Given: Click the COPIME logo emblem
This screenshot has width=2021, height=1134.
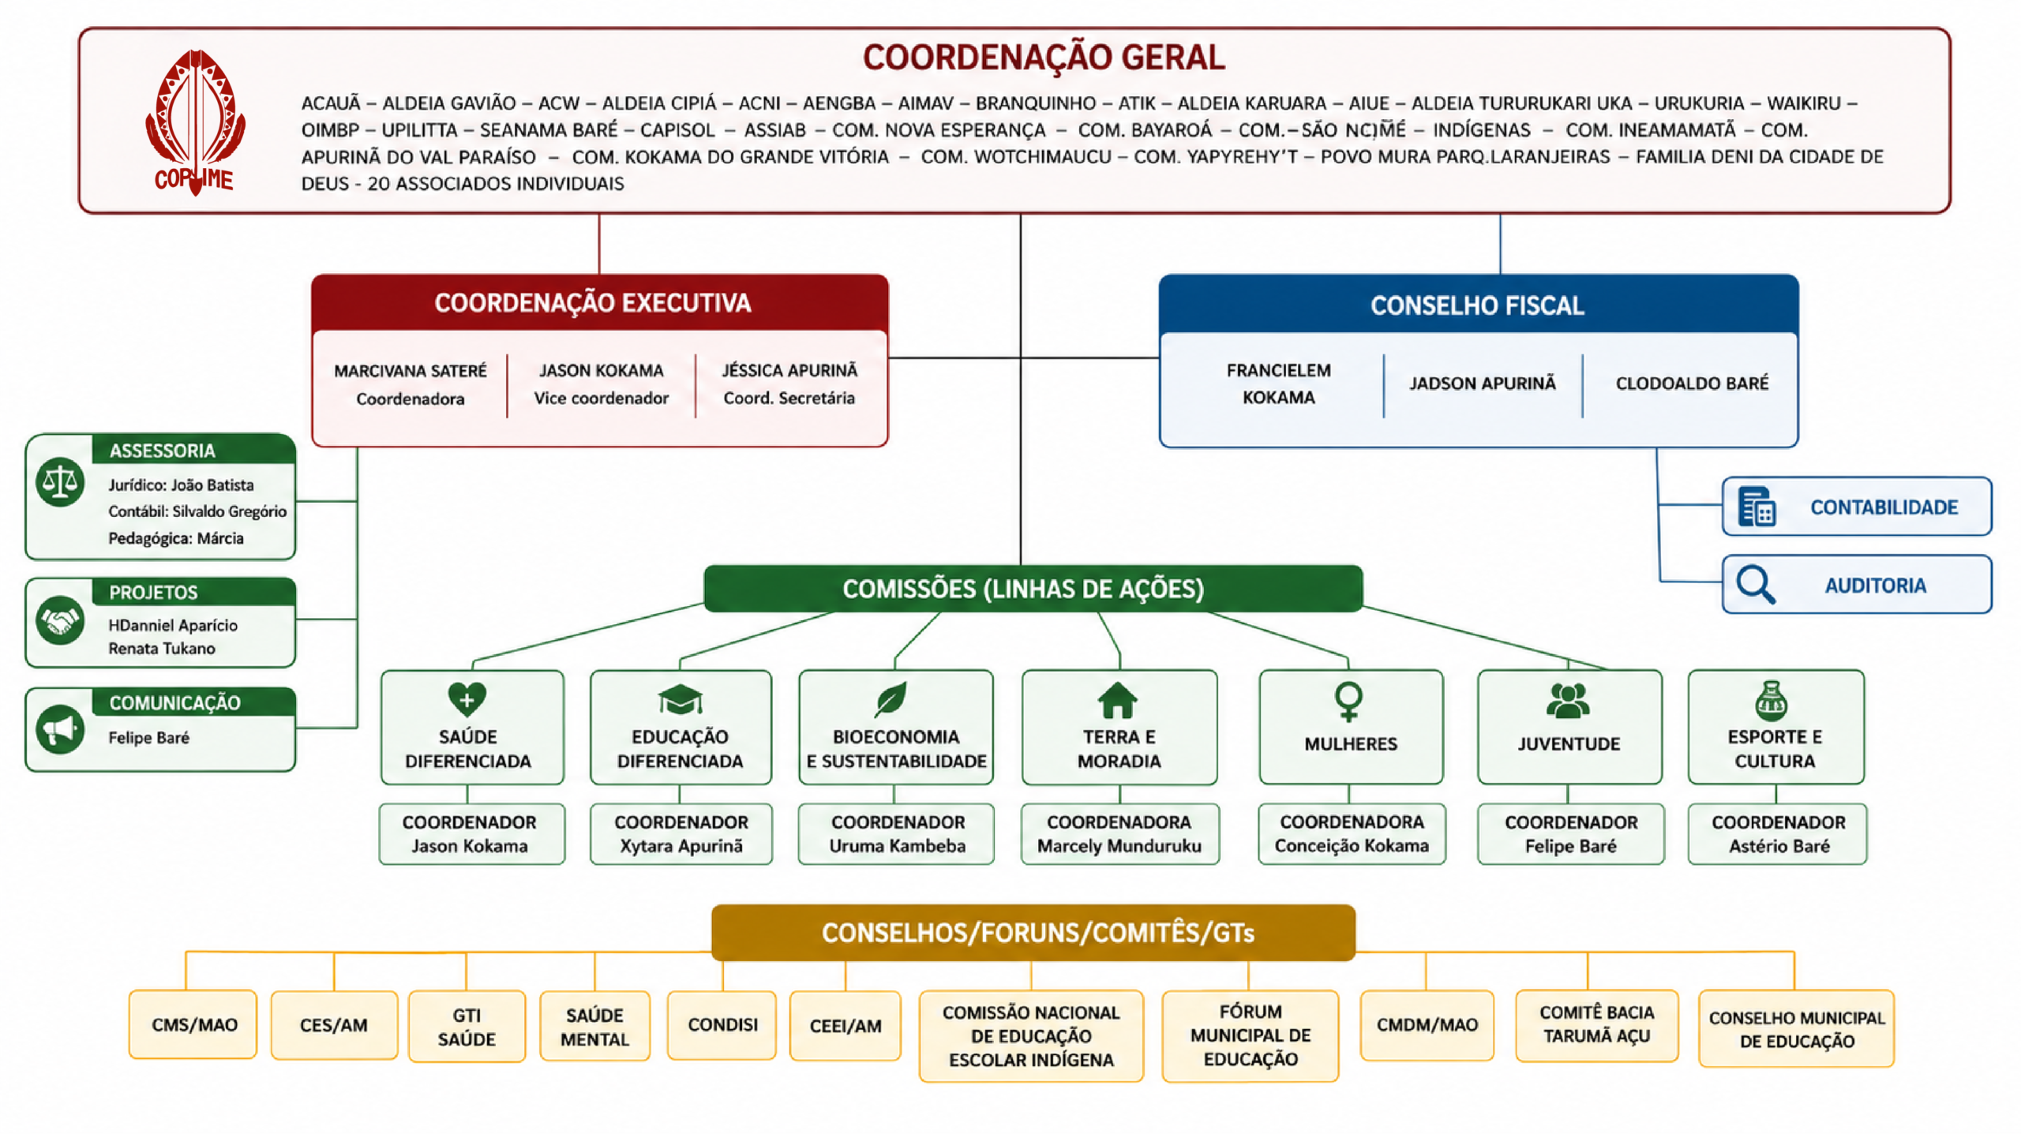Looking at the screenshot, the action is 195,122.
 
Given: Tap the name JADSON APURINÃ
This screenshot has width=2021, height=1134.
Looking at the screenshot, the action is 1483,384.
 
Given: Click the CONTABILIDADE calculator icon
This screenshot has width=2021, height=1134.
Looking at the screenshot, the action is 1757,507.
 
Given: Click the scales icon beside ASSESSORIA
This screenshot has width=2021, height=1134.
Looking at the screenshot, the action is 60,481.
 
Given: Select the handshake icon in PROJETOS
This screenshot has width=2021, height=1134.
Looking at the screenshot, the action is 60,620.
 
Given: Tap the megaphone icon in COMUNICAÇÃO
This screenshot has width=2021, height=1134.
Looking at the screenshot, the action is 60,729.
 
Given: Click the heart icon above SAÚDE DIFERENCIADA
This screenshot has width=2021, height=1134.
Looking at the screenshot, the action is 467,699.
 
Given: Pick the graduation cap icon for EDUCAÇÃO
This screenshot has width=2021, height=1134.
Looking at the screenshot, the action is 680,699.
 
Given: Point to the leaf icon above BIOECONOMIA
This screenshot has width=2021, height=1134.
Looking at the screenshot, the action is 891,699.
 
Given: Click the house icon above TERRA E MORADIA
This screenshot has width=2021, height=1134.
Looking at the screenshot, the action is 1118,700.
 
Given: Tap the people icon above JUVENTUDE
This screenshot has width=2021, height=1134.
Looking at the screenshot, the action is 1569,700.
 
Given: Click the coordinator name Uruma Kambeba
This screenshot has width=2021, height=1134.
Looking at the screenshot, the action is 898,846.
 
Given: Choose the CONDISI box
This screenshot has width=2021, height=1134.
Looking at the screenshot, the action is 722,1024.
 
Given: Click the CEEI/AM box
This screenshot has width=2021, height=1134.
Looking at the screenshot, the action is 846,1026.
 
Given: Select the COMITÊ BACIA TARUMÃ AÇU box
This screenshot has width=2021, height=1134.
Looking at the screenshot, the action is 1597,1025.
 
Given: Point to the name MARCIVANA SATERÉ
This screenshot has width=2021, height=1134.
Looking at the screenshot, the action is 411,371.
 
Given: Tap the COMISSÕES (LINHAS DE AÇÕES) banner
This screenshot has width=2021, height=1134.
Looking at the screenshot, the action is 1033,589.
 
